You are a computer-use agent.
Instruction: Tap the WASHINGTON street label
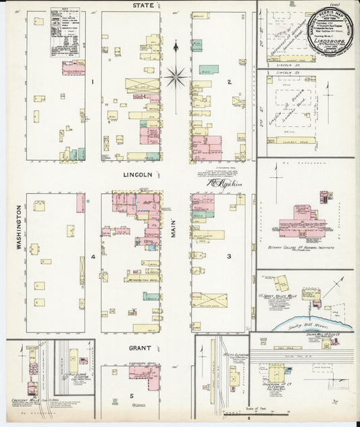[19, 228]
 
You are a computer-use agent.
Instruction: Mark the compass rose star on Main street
[176, 77]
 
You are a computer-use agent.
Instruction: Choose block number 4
[93, 257]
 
